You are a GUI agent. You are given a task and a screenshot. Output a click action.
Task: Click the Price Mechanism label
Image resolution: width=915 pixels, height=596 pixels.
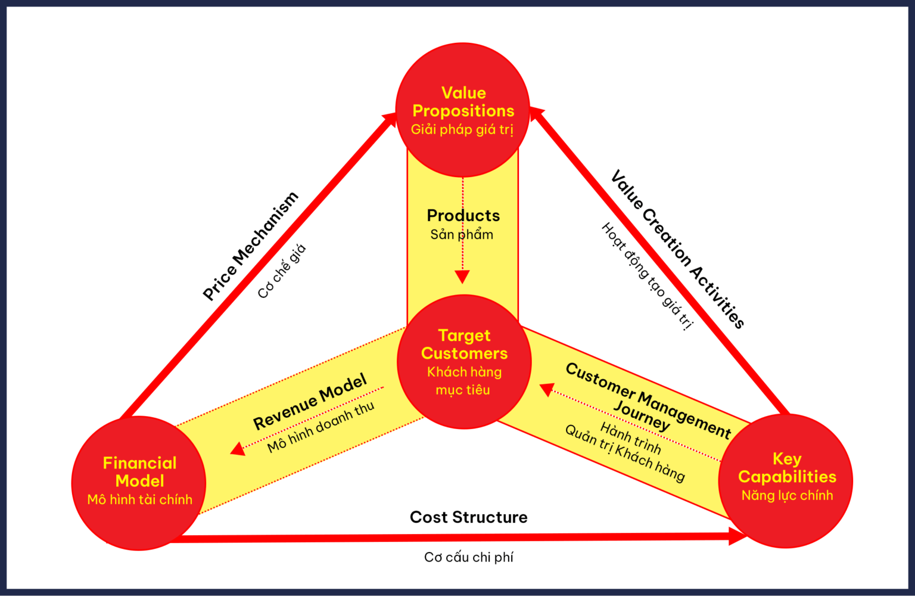click(x=250, y=246)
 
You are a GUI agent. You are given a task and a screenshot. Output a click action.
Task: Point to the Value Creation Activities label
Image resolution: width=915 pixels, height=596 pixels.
click(x=678, y=249)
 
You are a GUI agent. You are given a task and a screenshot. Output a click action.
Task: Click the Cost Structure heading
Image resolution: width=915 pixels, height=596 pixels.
click(x=468, y=517)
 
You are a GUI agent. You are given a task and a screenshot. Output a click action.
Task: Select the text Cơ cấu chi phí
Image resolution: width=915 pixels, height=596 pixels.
click(x=468, y=557)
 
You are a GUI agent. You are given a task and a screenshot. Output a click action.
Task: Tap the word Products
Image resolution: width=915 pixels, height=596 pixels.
click(x=463, y=215)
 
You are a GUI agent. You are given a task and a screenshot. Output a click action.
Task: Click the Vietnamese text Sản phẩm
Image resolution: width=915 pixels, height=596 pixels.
click(x=462, y=234)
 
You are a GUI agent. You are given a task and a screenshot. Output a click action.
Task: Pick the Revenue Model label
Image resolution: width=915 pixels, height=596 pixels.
click(x=310, y=402)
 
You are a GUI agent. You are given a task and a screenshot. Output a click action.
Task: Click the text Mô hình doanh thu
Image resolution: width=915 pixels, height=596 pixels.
click(x=320, y=427)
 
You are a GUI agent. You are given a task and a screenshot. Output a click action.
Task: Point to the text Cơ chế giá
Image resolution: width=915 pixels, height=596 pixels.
click(x=282, y=271)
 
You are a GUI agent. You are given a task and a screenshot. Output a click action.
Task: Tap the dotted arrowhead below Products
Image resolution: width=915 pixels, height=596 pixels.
click(x=462, y=277)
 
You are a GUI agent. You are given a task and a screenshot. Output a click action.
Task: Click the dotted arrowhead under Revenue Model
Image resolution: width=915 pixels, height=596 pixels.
click(x=238, y=449)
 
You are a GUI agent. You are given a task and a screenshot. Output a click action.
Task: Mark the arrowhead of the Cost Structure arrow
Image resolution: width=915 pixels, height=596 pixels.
click(x=739, y=536)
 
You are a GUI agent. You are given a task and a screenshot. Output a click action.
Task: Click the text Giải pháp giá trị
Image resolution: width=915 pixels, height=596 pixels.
click(x=462, y=129)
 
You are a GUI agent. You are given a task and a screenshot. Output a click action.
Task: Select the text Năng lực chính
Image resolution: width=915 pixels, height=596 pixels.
click(x=787, y=495)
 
